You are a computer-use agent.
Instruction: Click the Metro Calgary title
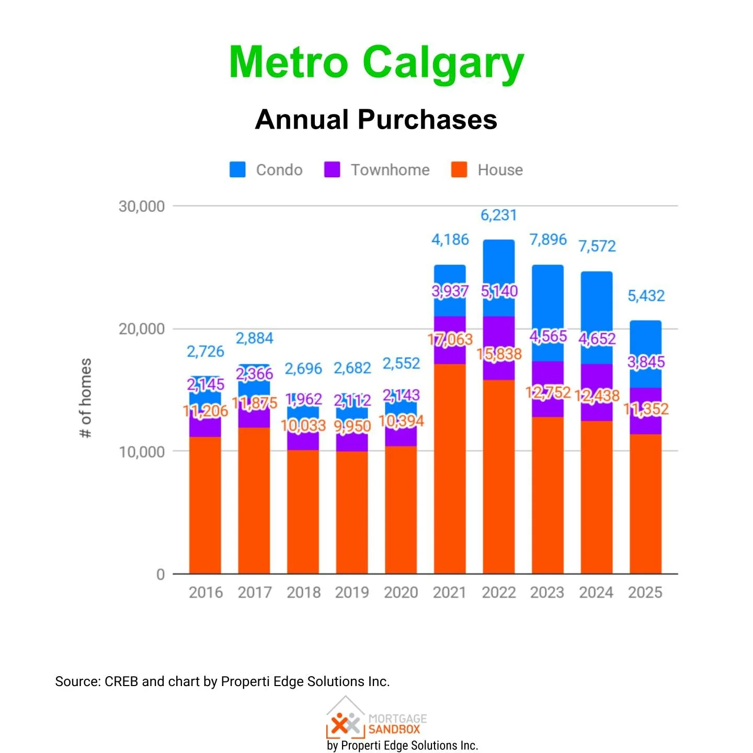[376, 63]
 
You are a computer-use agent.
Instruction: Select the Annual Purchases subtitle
[376, 119]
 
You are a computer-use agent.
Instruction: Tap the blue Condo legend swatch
[237, 169]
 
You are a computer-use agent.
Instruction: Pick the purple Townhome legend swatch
[332, 169]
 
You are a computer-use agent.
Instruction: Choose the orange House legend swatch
[459, 169]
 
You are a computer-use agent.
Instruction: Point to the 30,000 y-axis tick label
[142, 207]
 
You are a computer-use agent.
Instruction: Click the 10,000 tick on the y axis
[142, 452]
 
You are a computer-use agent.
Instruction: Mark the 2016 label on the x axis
[206, 592]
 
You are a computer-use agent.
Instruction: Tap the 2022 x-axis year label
[498, 592]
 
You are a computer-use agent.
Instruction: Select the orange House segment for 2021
[450, 471]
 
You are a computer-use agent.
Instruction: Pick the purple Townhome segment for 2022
[498, 335]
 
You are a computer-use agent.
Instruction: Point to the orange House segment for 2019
[352, 512]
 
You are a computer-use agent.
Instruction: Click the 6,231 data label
[498, 215]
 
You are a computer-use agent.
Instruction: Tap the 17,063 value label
[450, 340]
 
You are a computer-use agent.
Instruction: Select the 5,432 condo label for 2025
[646, 296]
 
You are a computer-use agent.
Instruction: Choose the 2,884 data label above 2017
[254, 338]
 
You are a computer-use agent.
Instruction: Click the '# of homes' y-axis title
[85, 398]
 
